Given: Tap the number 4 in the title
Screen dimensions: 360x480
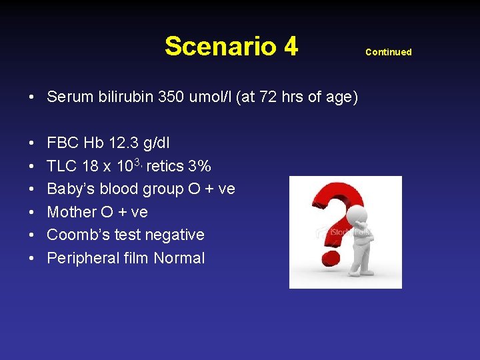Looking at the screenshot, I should click(290, 47).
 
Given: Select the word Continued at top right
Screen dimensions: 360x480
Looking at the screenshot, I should click(389, 52).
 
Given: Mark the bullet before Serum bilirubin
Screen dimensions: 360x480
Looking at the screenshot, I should click(32, 98).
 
